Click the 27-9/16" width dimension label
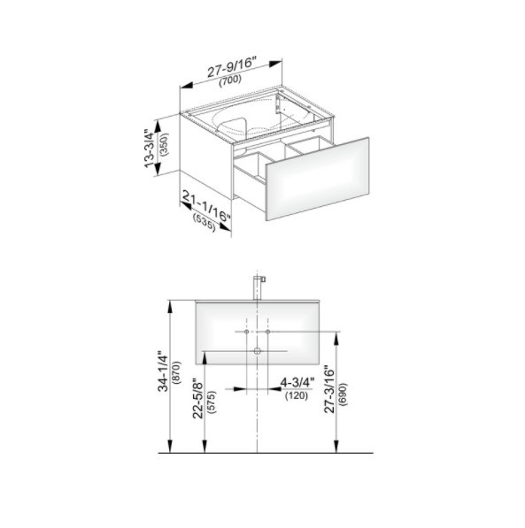click(x=232, y=67)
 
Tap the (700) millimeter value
click(x=230, y=80)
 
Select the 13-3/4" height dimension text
click(x=149, y=149)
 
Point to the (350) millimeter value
click(x=165, y=144)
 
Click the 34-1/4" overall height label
click(x=163, y=371)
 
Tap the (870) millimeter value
click(x=176, y=372)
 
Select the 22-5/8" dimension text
click(x=198, y=400)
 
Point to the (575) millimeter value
click(x=212, y=402)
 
